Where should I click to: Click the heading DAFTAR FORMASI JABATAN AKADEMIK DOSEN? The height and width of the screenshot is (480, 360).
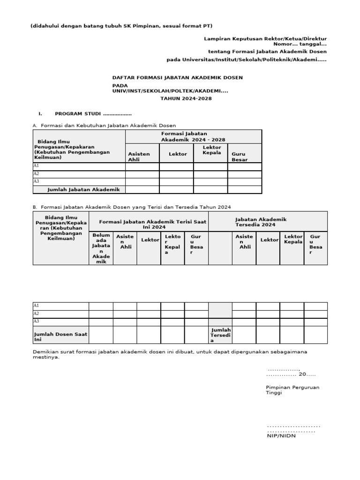pyautogui.click(x=177, y=77)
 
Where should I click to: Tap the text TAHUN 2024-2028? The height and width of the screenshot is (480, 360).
pyautogui.click(x=186, y=98)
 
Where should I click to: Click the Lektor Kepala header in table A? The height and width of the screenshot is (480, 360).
pyautogui.click(x=211, y=150)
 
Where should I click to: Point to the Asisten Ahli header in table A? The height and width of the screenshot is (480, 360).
pyautogui.click(x=139, y=157)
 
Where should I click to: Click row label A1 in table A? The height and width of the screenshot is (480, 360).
pyautogui.click(x=36, y=166)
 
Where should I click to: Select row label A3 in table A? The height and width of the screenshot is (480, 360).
pyautogui.click(x=36, y=181)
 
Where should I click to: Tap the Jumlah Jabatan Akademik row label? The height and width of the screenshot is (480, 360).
pyautogui.click(x=83, y=189)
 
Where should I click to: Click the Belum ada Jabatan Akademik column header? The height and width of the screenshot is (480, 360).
pyautogui.click(x=101, y=248)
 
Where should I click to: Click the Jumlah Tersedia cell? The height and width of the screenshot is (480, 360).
pyautogui.click(x=220, y=335)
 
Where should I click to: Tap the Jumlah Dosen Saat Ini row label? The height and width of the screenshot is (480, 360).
pyautogui.click(x=60, y=336)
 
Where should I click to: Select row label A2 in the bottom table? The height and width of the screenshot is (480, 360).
pyautogui.click(x=36, y=314)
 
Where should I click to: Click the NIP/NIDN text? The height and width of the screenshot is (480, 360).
pyautogui.click(x=281, y=435)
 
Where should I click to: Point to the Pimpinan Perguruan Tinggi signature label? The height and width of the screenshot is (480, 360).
pyautogui.click(x=285, y=390)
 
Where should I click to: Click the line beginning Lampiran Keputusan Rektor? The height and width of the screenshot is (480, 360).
pyautogui.click(x=265, y=38)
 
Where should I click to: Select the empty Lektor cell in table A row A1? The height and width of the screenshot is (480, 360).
pyautogui.click(x=176, y=166)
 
